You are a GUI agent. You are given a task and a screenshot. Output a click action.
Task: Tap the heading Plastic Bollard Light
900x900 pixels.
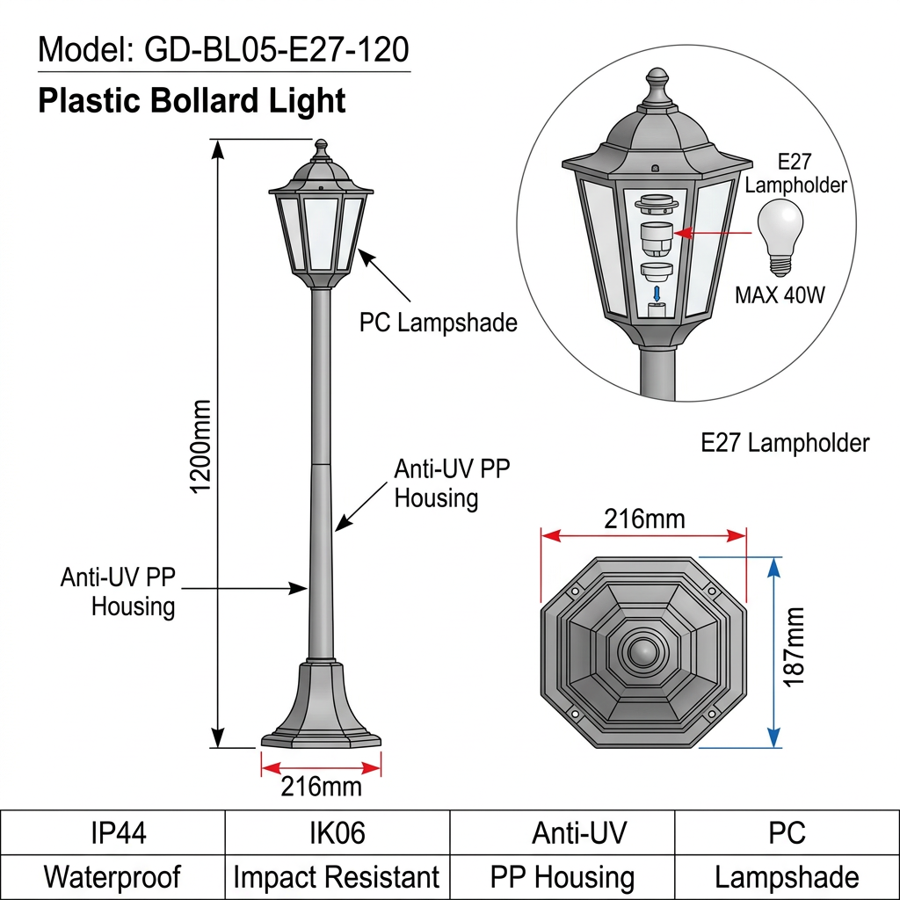point(192,100)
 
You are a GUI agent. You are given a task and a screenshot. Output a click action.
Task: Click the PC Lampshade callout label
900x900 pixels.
point(438,323)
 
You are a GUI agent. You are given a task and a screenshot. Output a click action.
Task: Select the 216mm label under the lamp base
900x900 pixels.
point(321,785)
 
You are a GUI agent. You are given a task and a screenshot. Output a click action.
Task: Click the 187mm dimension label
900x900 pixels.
point(793,646)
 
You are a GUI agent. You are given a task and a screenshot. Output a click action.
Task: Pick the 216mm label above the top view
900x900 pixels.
point(643,519)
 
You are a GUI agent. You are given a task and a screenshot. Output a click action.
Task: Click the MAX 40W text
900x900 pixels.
point(780,294)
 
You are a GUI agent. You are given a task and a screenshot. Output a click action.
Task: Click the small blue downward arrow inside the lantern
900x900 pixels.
point(655,292)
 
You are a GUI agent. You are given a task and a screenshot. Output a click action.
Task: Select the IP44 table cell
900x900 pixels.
point(112,832)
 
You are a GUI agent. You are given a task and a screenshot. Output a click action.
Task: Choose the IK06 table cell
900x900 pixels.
point(337,832)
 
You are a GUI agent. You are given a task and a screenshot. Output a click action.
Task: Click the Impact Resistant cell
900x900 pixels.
point(337,876)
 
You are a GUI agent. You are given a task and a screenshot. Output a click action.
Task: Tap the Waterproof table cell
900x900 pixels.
point(112,876)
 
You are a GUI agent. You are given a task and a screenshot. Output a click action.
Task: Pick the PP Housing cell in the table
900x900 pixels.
point(562,876)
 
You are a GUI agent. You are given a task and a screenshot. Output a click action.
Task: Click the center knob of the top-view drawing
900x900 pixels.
point(643,652)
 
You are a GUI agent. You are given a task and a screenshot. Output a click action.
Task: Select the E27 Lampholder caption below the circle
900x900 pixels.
point(785,443)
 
